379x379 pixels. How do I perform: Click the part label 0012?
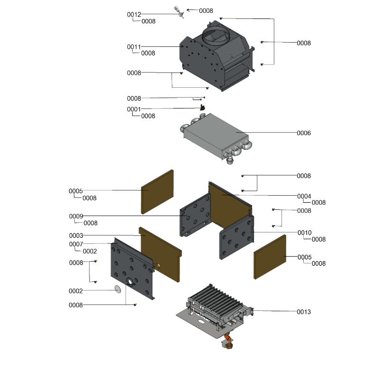pyautogui.click(x=134, y=15)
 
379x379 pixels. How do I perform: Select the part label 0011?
pyautogui.click(x=134, y=46)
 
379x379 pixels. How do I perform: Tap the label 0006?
pyautogui.click(x=304, y=133)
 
